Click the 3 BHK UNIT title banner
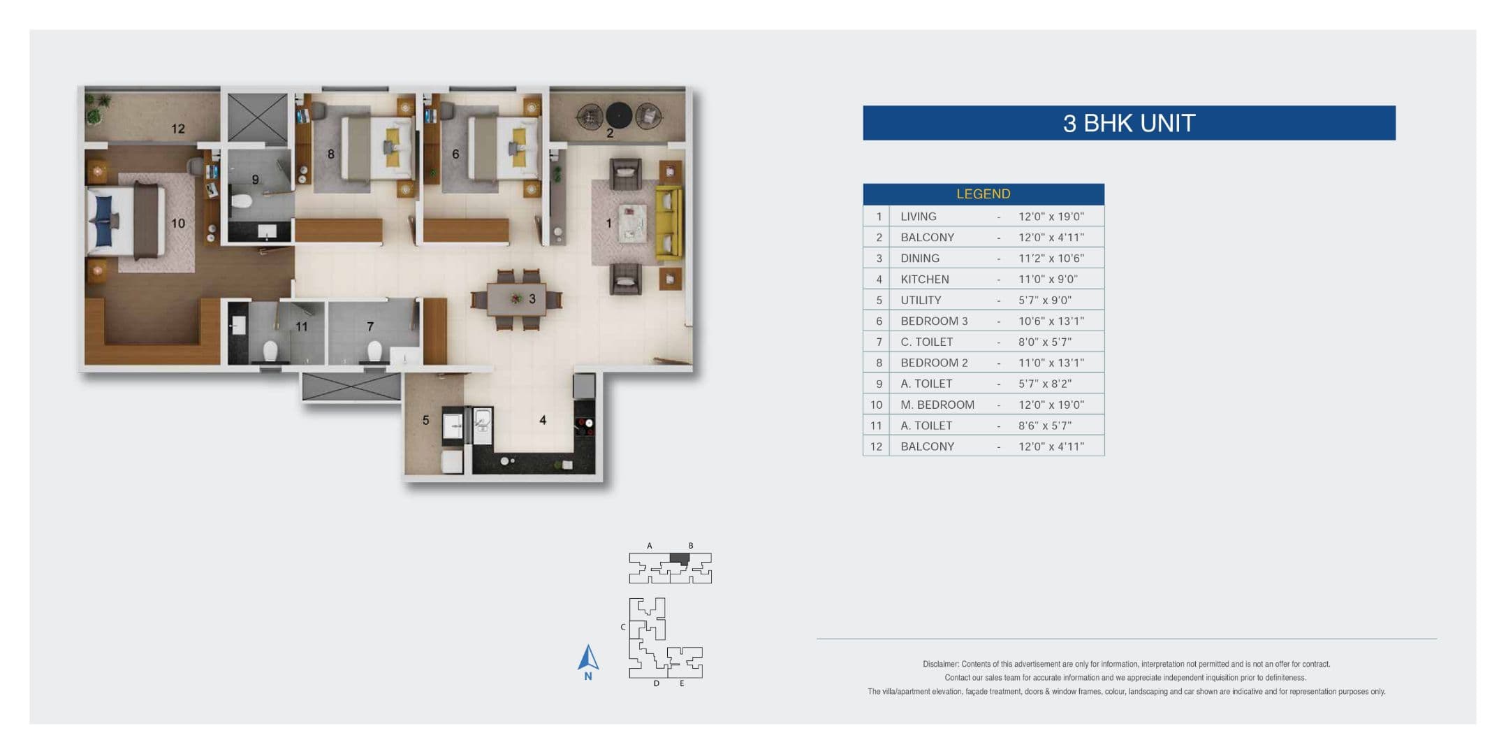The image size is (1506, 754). click(x=1128, y=123)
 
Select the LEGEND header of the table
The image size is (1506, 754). click(x=983, y=194)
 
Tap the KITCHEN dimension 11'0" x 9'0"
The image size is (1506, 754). click(x=1047, y=279)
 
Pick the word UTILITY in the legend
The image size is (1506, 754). click(x=920, y=300)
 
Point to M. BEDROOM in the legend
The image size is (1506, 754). click(x=937, y=405)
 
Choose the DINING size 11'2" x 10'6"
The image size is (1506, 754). click(x=1051, y=258)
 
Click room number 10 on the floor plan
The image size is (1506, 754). click(x=178, y=223)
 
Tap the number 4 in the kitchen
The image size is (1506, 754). click(x=543, y=420)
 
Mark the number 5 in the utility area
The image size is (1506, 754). click(x=425, y=420)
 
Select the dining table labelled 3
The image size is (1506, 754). click(x=517, y=299)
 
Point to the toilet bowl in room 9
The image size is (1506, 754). click(x=241, y=201)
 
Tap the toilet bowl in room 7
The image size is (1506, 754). click(x=374, y=349)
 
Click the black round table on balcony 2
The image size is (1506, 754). click(x=619, y=115)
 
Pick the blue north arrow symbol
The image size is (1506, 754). click(x=588, y=658)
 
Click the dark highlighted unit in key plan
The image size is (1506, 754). click(x=679, y=558)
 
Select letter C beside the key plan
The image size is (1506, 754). click(x=622, y=627)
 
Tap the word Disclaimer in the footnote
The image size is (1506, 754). click(x=940, y=664)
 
